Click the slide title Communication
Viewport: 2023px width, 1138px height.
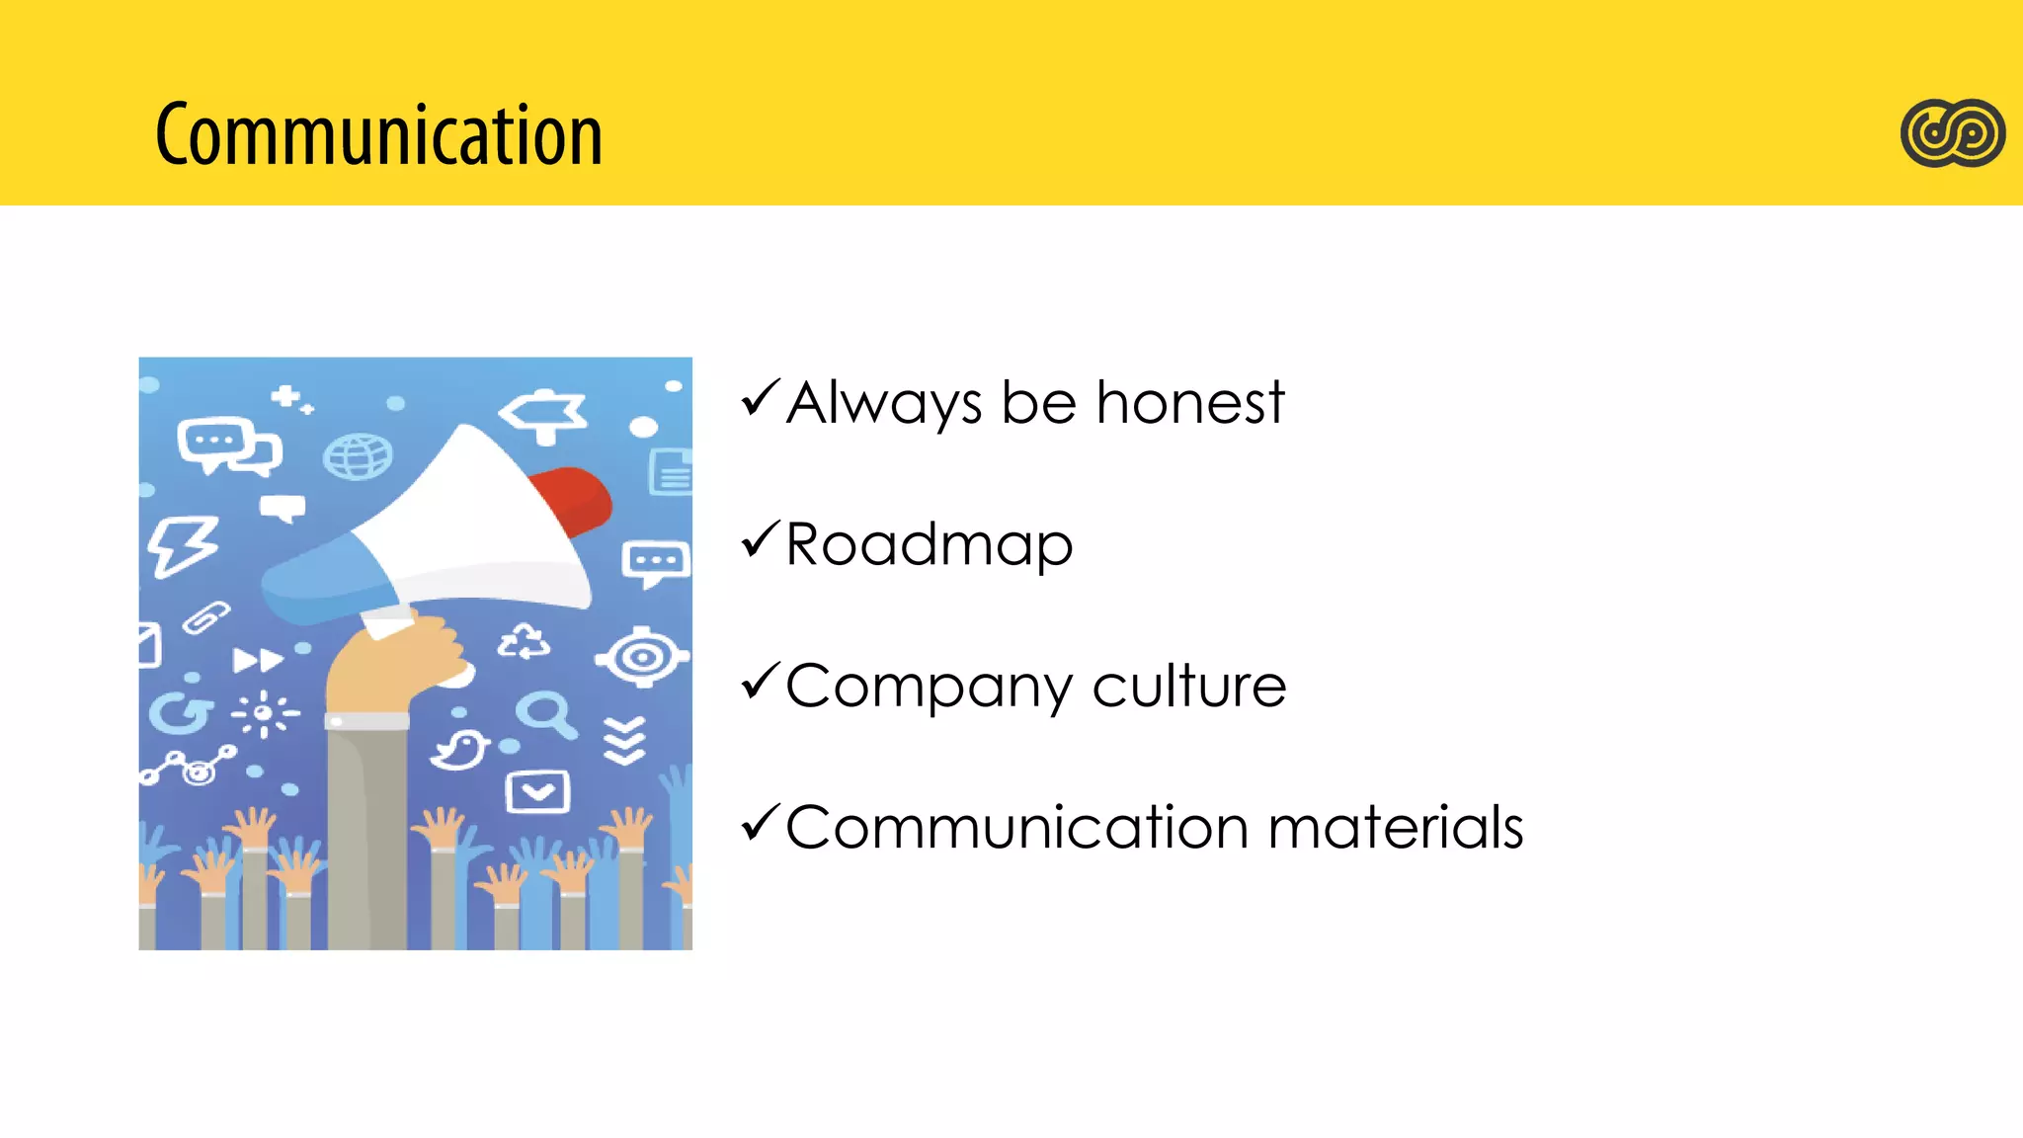pos(378,134)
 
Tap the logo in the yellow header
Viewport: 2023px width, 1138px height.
pos(1952,133)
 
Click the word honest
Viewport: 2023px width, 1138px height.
pos(1189,403)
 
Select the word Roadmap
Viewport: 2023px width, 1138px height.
pos(929,545)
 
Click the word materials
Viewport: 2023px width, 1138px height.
pos(1395,827)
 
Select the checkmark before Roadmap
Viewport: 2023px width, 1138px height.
pos(761,539)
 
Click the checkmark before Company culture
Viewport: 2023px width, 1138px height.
pos(761,682)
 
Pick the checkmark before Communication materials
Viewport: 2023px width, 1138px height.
pos(761,823)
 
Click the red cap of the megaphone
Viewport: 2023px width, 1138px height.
pos(573,499)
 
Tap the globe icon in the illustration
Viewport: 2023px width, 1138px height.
pos(358,456)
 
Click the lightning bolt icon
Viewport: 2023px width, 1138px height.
pos(182,544)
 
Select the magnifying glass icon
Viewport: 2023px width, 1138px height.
pos(545,713)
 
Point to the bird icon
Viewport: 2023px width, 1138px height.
pos(460,750)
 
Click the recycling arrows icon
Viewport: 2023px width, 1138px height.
pos(524,643)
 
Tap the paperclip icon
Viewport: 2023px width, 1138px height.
pos(206,618)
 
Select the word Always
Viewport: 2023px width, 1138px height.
pos(884,403)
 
